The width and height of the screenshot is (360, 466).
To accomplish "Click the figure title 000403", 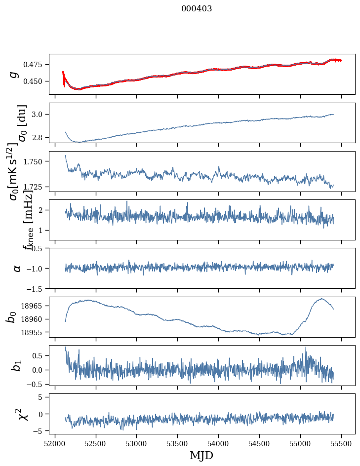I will pos(197,9).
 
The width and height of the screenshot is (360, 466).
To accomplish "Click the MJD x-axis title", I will pos(201,455).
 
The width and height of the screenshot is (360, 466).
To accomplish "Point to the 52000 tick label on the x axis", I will pos(55,443).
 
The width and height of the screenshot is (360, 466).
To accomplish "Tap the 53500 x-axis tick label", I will pos(177,443).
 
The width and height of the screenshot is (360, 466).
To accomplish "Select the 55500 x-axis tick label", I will pos(341,443).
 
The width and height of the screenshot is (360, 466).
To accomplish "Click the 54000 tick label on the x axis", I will pos(218,443).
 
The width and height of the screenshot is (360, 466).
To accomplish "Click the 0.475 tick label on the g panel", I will pos(34,65).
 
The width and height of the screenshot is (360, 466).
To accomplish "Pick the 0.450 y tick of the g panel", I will pos(34,81).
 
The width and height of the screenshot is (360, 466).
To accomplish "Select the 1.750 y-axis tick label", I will pos(34,161).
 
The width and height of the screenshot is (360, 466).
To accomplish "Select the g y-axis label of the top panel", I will pos(14,75).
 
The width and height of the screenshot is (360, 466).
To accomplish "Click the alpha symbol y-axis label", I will pos(17,268).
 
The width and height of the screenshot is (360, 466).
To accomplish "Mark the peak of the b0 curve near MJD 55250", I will pos(321,299).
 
